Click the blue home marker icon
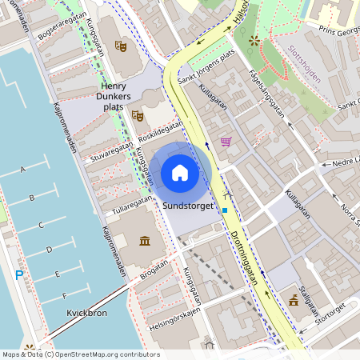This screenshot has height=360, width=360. pos(180,173)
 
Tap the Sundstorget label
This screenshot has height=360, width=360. pos(187,206)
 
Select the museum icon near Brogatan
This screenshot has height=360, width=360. pos(144,242)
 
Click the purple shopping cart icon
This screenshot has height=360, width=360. pos(226,142)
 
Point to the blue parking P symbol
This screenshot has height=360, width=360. pos(19,275)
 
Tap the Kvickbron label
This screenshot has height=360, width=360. pos(86,313)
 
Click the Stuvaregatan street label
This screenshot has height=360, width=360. pos(110,151)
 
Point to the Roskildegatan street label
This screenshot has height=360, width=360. pos(160,129)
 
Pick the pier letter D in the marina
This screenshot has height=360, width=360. pos(50,250)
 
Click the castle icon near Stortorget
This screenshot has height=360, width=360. pos(294,302)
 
